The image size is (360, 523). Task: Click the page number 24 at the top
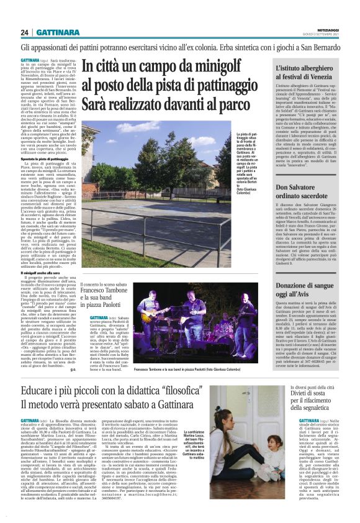25,32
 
